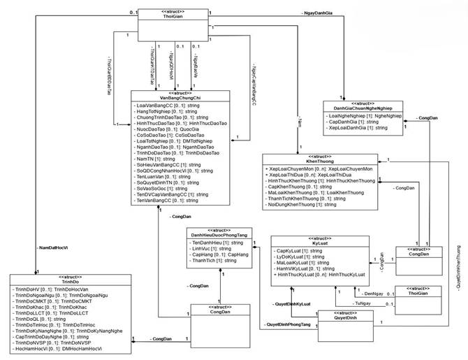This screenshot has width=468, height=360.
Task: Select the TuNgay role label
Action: [363, 304]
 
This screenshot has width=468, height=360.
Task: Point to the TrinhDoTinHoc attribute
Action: [54, 325]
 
